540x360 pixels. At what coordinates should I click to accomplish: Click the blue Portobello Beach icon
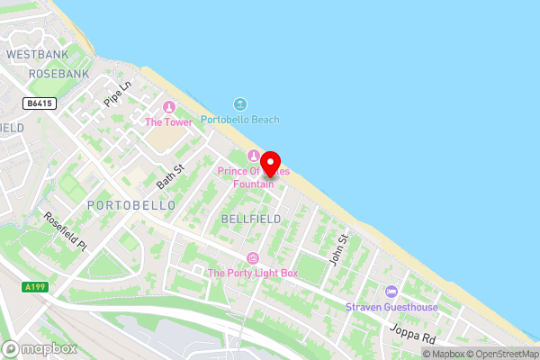[239, 105]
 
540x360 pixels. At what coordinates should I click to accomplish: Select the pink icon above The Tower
[166, 108]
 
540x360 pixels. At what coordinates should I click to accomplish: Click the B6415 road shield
[40, 103]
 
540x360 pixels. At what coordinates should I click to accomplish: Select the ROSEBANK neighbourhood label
[59, 73]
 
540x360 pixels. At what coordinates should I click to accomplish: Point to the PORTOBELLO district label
[131, 206]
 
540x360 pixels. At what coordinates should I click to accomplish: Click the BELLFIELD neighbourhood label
[250, 219]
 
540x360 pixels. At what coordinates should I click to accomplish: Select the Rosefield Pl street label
[64, 231]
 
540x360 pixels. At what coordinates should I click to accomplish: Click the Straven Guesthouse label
[391, 307]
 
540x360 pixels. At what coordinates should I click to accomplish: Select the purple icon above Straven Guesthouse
[391, 291]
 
